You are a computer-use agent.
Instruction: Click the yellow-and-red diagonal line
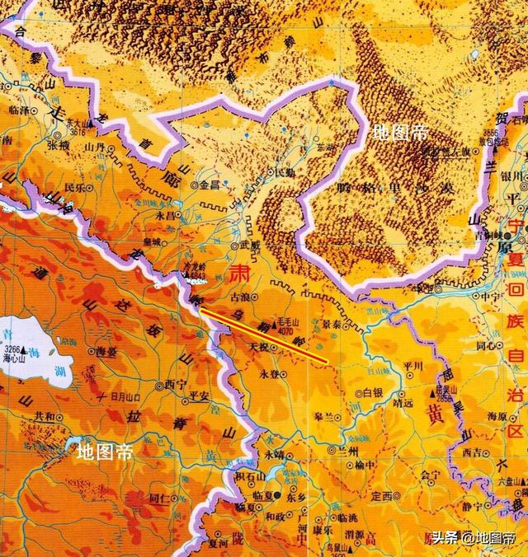coord(264,336)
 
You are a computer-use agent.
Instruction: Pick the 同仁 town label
coord(158,498)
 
